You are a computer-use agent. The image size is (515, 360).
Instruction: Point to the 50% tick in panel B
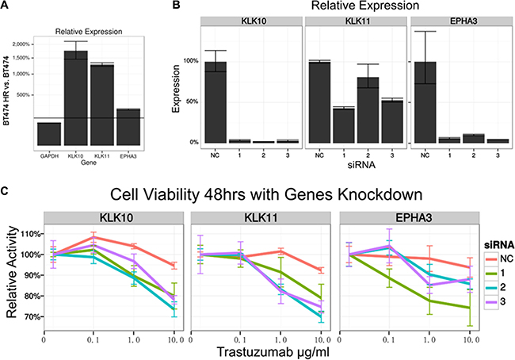click(x=189, y=101)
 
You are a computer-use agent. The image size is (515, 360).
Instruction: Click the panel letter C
click(x=5, y=190)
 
